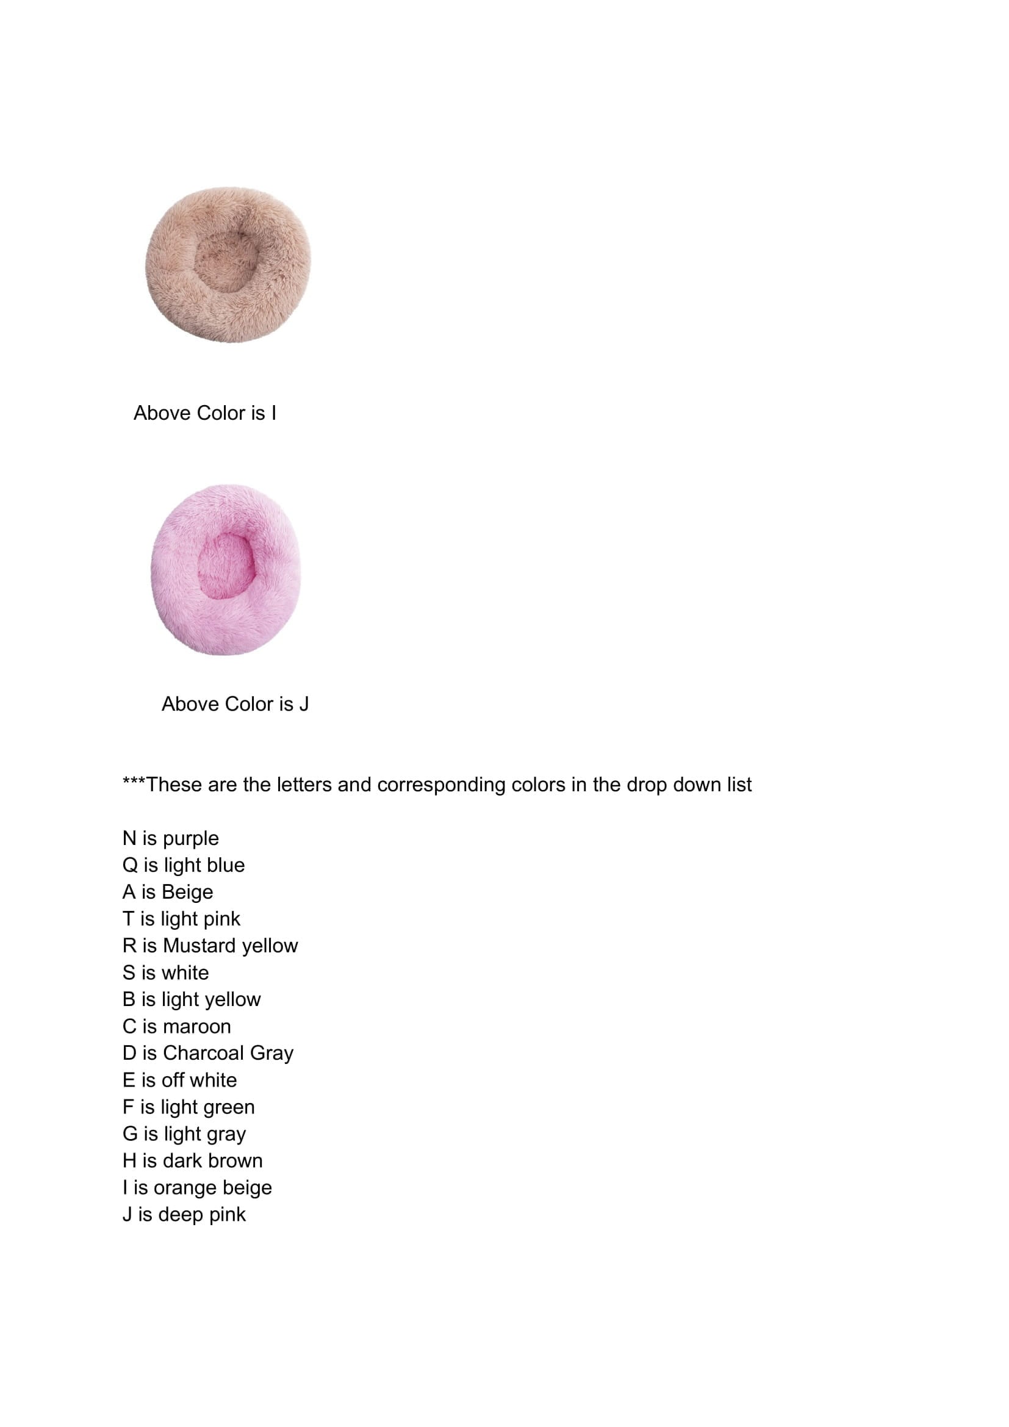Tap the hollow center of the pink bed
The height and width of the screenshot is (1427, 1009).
tap(226, 565)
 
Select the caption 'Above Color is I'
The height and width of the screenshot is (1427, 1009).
tap(204, 413)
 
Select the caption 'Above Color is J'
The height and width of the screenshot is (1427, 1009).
tap(235, 704)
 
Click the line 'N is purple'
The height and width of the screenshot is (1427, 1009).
tap(170, 838)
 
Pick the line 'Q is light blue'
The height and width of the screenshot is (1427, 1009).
tap(183, 865)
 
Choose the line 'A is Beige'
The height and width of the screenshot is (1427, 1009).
tap(168, 892)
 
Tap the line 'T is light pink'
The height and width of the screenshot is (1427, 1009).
tap(181, 919)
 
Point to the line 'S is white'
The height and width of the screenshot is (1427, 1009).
tap(165, 972)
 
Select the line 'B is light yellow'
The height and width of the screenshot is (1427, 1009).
tap(192, 999)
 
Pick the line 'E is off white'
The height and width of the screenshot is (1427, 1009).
tap(179, 1080)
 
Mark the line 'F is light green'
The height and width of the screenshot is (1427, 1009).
tap(189, 1107)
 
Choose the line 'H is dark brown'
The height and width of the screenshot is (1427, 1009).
tap(193, 1160)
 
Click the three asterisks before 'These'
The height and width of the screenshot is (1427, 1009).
tap(134, 783)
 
